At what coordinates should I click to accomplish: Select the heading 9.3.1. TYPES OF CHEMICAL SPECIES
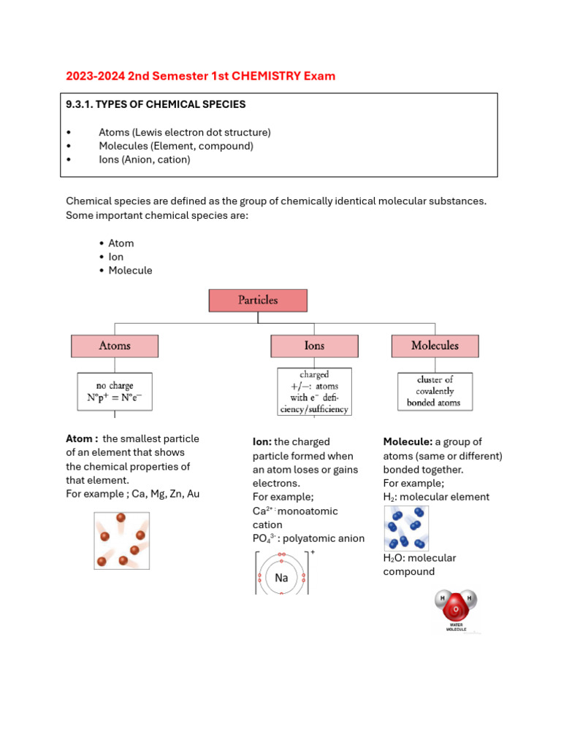[x=156, y=104]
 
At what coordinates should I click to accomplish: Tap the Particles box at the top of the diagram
[x=258, y=300]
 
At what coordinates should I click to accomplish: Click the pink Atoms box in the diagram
[x=114, y=346]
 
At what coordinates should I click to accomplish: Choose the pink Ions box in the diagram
[x=314, y=346]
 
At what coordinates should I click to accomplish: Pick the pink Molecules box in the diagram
[x=435, y=346]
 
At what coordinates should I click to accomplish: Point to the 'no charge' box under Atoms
[x=115, y=391]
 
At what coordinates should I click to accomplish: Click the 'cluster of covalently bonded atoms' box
[x=435, y=391]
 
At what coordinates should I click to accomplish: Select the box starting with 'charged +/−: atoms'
[x=314, y=392]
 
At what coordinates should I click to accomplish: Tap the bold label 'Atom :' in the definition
[x=82, y=439]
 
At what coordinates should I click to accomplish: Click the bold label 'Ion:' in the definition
[x=262, y=442]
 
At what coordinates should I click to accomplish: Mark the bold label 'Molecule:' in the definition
[x=408, y=442]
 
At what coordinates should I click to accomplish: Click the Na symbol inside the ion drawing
[x=281, y=578]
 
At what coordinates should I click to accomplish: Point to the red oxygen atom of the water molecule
[x=456, y=608]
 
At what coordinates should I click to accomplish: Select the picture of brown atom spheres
[x=121, y=541]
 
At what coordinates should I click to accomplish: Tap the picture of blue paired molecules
[x=405, y=527]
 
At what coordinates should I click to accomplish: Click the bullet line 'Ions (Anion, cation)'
[x=144, y=160]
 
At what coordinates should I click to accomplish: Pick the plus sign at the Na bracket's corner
[x=313, y=553]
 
